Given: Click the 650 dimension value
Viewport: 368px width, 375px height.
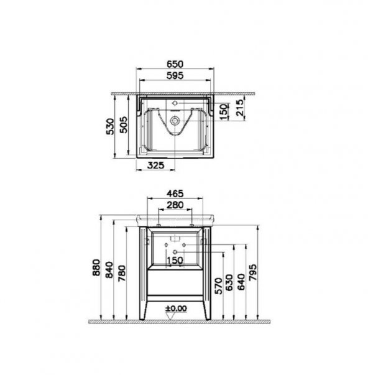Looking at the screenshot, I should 176,63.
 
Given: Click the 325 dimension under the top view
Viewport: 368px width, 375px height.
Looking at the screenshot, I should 157,164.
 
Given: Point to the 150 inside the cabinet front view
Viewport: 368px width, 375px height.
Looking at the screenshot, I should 175,260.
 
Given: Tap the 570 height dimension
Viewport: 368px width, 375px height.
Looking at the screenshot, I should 219,284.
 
